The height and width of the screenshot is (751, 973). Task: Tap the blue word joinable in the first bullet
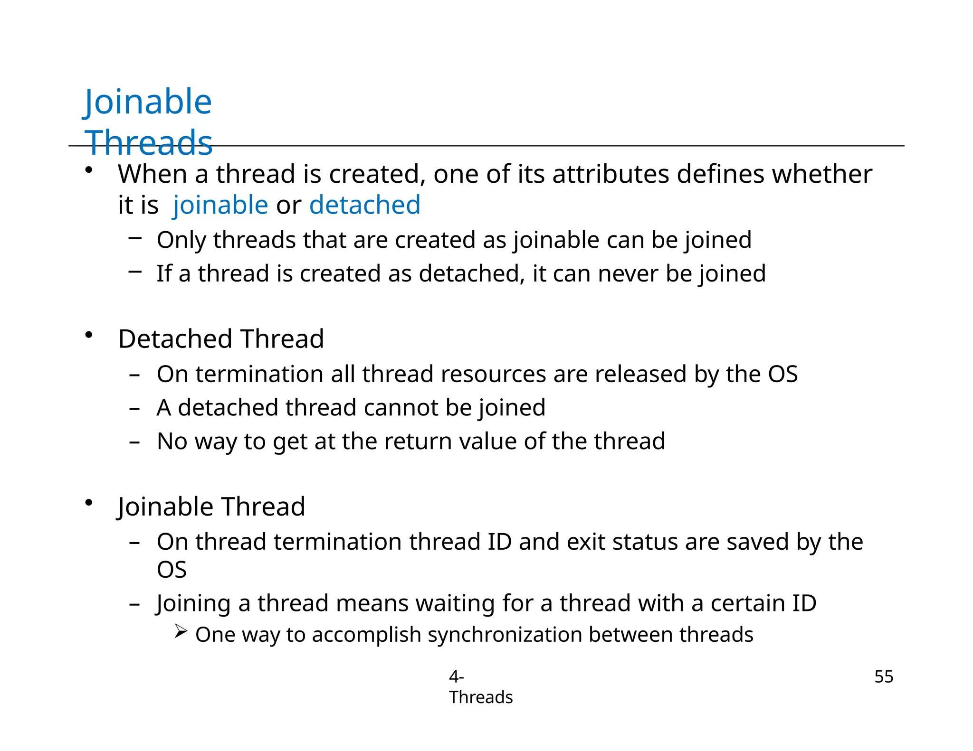click(220, 205)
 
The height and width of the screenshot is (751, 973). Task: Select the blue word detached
click(365, 205)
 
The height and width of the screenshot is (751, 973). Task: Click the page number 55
click(884, 676)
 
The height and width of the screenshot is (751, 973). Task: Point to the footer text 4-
click(456, 676)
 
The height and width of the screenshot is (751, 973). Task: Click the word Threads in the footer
click(481, 697)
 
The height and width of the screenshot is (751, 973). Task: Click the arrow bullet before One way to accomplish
click(181, 631)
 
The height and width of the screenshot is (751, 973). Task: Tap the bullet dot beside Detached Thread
click(88, 335)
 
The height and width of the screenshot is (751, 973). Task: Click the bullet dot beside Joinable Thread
click(88, 503)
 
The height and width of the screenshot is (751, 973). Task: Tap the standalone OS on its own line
click(172, 570)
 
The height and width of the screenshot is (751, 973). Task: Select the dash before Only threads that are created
click(135, 238)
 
